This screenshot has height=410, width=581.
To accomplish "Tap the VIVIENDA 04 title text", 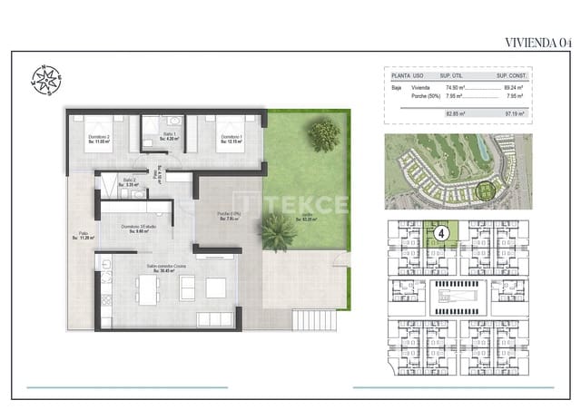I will pyautogui.click(x=537, y=41).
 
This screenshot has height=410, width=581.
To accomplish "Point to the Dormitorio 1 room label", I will pyautogui.click(x=233, y=139).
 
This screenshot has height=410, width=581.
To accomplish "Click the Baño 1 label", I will pyautogui.click(x=169, y=139).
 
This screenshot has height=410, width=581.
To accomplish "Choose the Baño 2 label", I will pyautogui.click(x=130, y=181).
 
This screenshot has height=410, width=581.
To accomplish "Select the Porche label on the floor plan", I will pyautogui.click(x=227, y=216).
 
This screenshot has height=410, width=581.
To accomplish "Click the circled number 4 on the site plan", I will pyautogui.click(x=441, y=233).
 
